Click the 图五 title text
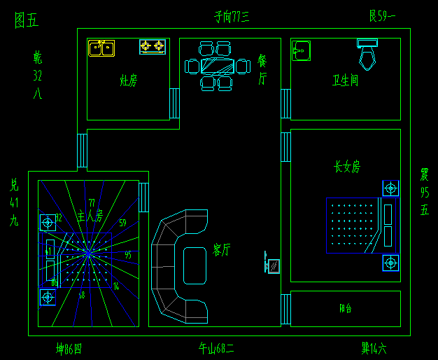point(27,20)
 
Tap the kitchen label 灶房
point(128,81)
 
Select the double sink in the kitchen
point(101,48)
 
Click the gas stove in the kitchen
point(152,47)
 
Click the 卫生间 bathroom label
point(345,81)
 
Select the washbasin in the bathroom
point(301,50)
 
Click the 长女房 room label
point(347,167)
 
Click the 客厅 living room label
point(222,250)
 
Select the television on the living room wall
point(272,265)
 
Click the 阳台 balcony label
point(346,308)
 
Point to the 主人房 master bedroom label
point(90,216)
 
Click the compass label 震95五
point(424,191)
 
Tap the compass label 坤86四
point(69,348)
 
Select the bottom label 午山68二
point(216,348)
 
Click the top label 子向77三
point(232,16)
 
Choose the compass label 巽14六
point(374,347)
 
